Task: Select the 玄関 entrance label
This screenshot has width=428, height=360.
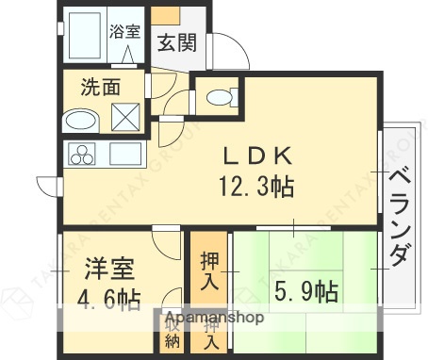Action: tap(175, 42)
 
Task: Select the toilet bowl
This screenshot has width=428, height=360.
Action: tap(218, 97)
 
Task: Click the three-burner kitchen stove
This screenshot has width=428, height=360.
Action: tap(80, 154)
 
